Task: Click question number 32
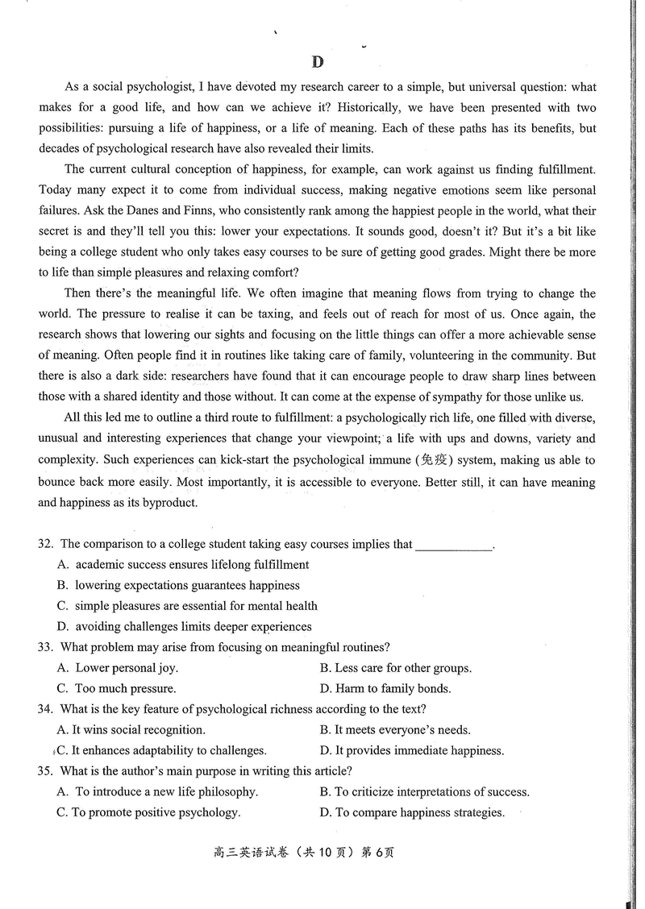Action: point(46,544)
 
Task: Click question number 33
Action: point(46,647)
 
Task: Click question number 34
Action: point(46,709)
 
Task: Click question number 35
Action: point(46,771)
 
